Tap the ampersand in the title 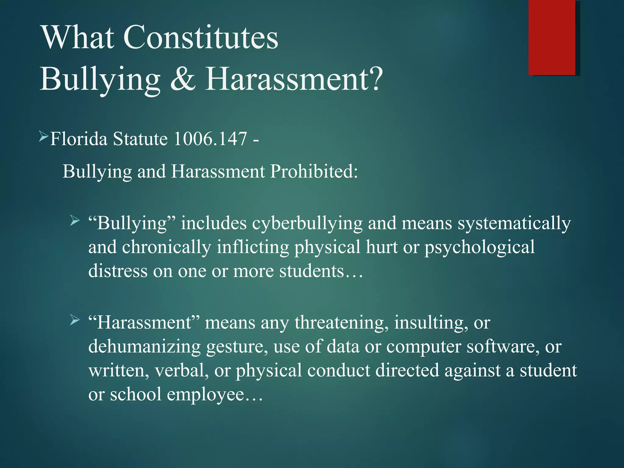coord(183,79)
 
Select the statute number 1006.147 coord(210,139)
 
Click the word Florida coord(79,139)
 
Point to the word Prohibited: coord(314,171)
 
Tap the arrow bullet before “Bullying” coord(74,220)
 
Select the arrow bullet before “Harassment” coord(74,320)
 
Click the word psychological coord(480,247)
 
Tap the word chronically coord(167,247)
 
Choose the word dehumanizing coord(144,347)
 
